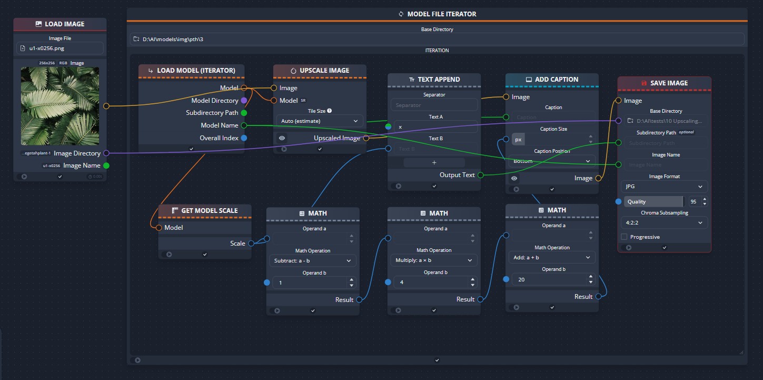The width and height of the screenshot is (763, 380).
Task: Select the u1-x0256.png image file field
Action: [60, 48]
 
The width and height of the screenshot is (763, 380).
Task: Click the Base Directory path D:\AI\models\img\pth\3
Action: [437, 39]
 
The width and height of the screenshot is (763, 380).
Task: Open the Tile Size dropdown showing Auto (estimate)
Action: [319, 121]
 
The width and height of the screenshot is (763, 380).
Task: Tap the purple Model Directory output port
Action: [243, 100]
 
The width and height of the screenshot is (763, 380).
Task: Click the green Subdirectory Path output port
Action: [243, 113]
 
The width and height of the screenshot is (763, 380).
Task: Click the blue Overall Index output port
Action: [243, 138]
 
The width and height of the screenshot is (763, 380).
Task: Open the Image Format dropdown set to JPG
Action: [664, 187]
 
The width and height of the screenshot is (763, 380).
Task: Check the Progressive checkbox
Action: [624, 237]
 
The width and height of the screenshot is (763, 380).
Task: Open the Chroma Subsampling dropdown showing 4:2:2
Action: [664, 222]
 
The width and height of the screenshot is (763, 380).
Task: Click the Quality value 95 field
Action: [692, 201]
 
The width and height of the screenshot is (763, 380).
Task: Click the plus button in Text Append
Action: [434, 162]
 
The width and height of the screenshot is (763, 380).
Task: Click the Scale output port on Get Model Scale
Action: [251, 243]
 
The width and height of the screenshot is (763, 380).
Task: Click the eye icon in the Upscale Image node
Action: [282, 138]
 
